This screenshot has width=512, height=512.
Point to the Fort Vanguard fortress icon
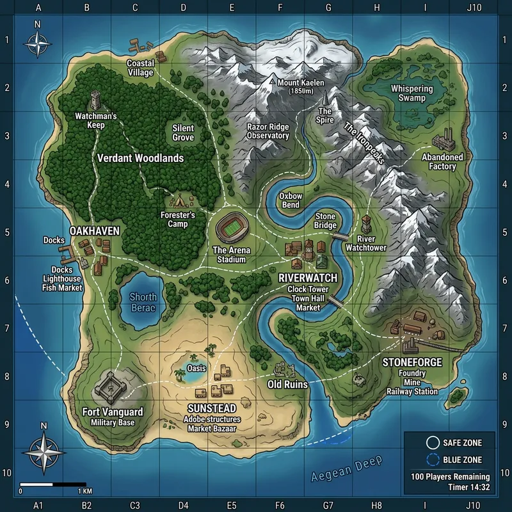coord(114,385)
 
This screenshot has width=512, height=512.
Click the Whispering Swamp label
coord(412,93)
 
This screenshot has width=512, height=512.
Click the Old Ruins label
coord(287,385)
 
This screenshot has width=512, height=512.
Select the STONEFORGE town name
coord(412,362)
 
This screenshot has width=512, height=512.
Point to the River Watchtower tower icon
coord(365,224)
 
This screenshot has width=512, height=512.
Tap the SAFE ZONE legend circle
coord(433,443)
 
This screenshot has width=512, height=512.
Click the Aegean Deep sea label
coord(346,469)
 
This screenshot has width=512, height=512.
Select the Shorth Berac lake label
coord(143,302)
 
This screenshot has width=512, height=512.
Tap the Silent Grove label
coord(183,132)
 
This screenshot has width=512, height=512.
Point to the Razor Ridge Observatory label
coord(268,131)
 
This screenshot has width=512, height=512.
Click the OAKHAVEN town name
coord(95,231)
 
